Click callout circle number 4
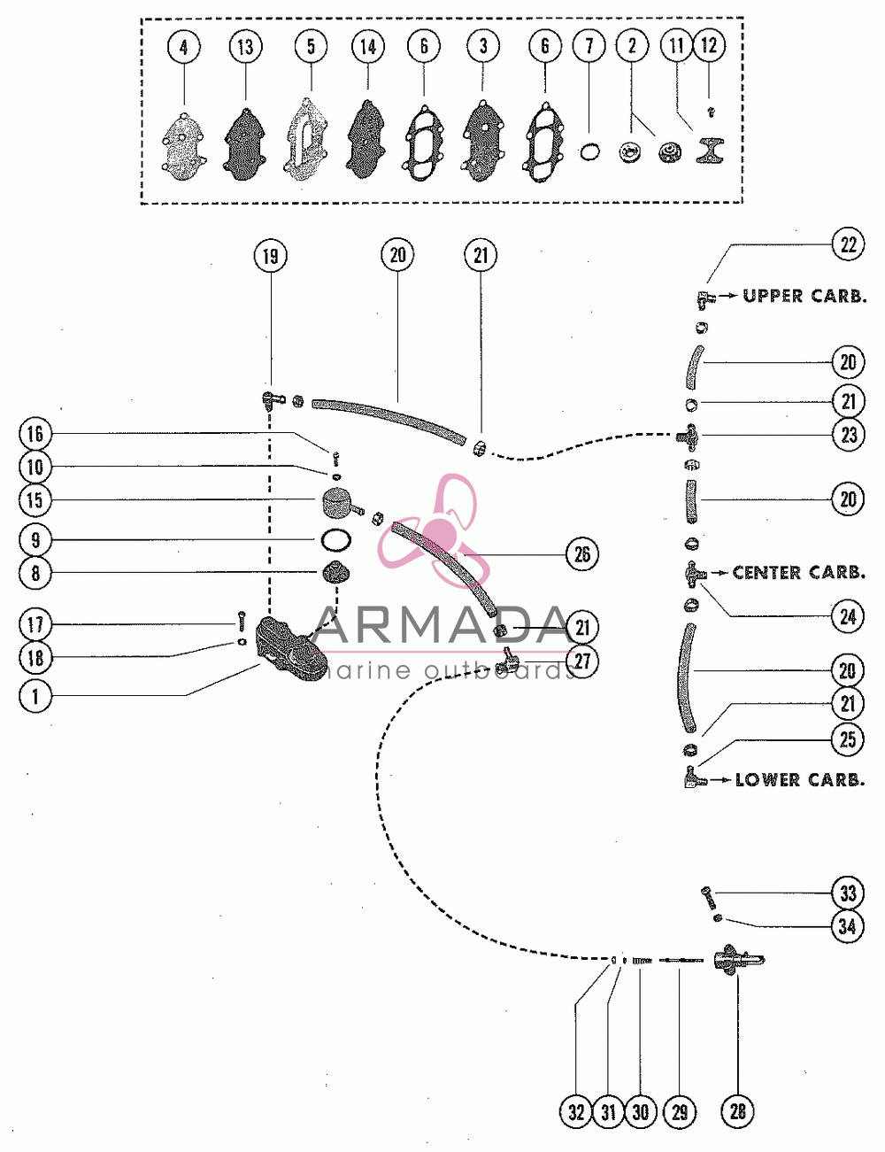click(184, 48)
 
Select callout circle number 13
click(245, 47)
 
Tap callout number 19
click(270, 257)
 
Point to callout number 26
click(581, 554)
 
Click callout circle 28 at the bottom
click(737, 1111)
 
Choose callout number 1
click(35, 696)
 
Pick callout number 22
click(848, 244)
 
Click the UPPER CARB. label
click(804, 296)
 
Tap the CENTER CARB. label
click(798, 573)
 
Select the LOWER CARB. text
click(800, 780)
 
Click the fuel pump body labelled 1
click(290, 648)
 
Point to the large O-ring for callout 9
click(335, 541)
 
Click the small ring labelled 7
click(589, 153)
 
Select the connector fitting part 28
click(739, 960)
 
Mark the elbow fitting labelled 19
click(271, 399)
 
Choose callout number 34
click(848, 926)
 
